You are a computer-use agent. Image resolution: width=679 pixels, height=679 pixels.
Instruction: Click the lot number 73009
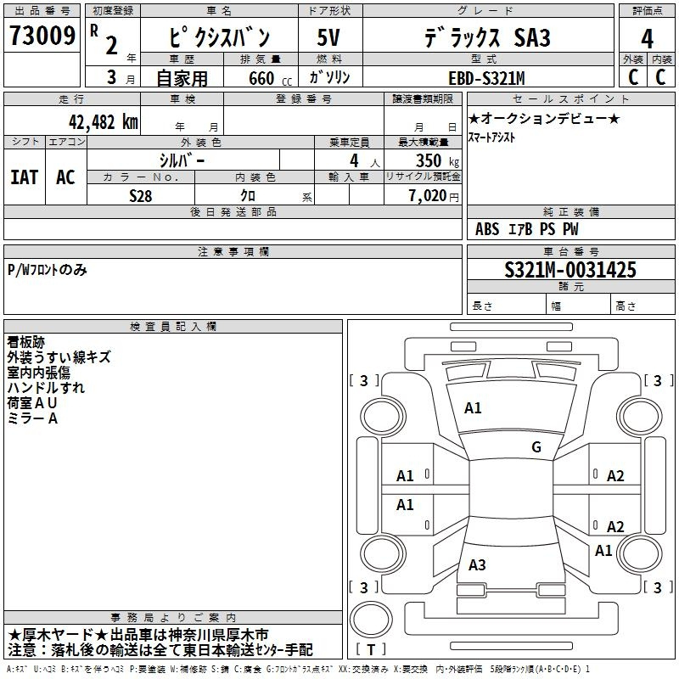[42, 35]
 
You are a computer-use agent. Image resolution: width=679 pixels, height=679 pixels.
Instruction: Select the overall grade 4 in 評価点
[647, 39]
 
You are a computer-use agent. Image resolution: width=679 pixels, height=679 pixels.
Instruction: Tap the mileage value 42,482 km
[103, 122]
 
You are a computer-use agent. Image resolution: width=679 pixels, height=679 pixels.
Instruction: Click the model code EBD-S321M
[486, 79]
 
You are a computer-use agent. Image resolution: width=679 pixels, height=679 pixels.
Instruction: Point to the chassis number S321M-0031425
[570, 270]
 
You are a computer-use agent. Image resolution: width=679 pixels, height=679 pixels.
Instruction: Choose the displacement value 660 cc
[270, 79]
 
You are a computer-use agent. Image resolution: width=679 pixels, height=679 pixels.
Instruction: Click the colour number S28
[140, 196]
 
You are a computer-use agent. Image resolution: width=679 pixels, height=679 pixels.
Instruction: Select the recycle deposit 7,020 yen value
[434, 196]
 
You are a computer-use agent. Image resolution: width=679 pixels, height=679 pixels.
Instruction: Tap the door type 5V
[328, 37]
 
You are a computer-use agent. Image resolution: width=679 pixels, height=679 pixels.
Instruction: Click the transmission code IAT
[25, 177]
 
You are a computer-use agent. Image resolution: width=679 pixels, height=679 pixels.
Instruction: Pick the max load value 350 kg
[437, 161]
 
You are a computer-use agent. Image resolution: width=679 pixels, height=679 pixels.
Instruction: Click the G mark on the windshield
[536, 447]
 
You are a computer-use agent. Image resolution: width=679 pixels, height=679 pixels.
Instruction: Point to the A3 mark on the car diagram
[477, 564]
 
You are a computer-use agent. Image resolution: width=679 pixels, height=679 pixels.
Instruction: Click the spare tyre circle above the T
[371, 620]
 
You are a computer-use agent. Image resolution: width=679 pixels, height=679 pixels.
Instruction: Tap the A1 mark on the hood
[473, 408]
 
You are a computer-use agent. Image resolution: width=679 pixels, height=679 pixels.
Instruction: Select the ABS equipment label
[487, 229]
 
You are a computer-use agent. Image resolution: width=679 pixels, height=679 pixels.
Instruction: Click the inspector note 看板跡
[26, 342]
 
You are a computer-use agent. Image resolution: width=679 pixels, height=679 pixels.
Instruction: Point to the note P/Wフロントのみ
[48, 270]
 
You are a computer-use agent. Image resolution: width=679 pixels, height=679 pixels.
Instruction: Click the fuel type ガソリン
[329, 77]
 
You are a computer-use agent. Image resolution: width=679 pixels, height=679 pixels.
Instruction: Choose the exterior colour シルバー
[182, 161]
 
